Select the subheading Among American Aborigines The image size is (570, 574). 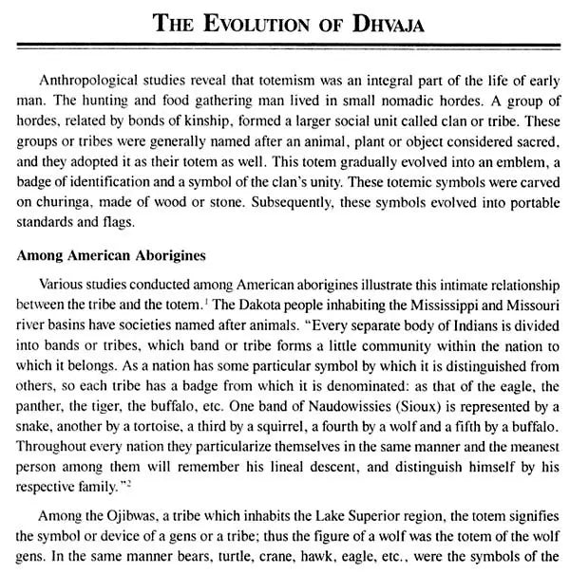pos(112,256)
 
